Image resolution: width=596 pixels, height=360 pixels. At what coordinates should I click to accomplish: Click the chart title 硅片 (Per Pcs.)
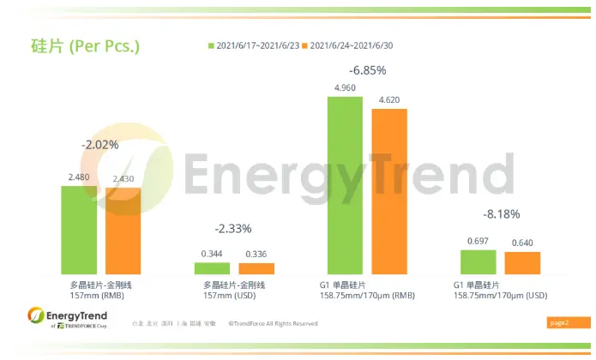79,45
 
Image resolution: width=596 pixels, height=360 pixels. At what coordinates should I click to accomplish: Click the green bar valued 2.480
79,230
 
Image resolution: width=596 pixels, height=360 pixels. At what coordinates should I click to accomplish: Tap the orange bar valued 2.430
123,231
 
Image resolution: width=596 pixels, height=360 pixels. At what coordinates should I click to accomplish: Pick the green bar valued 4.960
345,185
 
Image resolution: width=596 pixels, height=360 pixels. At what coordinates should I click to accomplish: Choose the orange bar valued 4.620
389,191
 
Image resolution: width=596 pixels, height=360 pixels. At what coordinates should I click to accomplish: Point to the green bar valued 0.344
213,268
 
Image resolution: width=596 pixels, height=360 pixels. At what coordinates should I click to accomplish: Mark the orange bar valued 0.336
256,268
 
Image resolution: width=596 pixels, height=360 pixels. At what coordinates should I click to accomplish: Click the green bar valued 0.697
479,262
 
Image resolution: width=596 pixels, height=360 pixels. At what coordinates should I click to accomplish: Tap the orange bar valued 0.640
522,263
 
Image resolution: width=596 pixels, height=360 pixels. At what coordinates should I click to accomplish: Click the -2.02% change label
100,145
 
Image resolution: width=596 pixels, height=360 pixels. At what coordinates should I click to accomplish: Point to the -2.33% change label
234,229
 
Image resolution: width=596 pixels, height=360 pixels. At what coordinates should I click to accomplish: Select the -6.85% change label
367,69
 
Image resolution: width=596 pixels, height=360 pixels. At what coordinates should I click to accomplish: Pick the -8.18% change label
500,214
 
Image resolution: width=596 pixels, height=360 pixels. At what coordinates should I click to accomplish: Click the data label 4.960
345,87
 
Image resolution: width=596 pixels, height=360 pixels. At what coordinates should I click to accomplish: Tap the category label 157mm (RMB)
100,296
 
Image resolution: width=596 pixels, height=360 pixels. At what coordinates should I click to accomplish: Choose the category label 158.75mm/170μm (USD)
500,296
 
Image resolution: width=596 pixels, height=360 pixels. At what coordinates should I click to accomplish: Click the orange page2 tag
558,323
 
